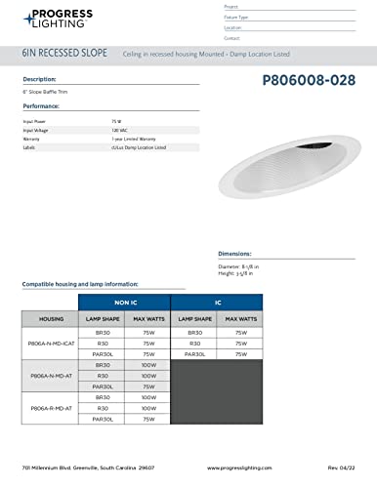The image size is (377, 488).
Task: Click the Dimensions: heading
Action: [x=238, y=252]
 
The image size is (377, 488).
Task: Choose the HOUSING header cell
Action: [x=50, y=319]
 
